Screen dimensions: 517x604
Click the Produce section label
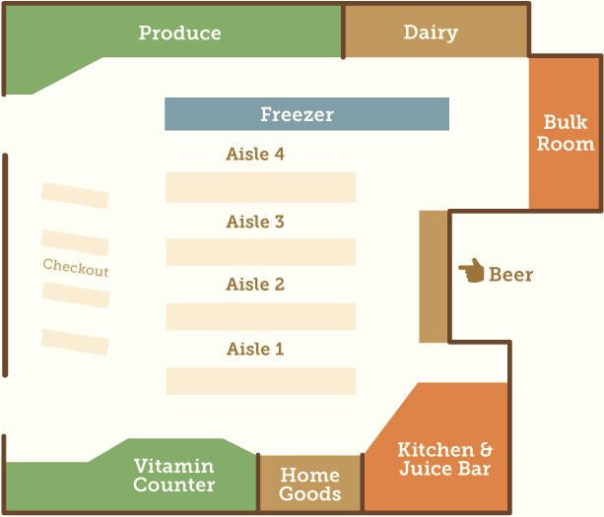click(x=179, y=32)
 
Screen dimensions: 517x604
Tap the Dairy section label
click(x=431, y=32)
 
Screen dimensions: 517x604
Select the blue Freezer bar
click(x=306, y=114)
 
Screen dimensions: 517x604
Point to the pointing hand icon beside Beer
click(x=471, y=271)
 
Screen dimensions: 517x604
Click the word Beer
click(x=510, y=275)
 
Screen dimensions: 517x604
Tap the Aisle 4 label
click(x=255, y=155)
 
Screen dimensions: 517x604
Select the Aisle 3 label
click(x=255, y=222)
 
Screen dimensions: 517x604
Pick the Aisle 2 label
click(x=255, y=285)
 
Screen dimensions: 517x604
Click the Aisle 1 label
click(x=255, y=350)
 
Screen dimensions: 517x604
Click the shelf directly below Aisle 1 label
click(x=260, y=381)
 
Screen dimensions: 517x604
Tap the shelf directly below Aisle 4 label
click(x=260, y=187)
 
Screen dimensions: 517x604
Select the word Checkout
click(x=76, y=268)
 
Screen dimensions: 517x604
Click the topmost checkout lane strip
click(x=75, y=195)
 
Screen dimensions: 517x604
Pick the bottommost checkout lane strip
click(x=75, y=342)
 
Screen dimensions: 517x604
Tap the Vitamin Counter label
click(x=173, y=476)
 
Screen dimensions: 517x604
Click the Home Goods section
click(x=309, y=485)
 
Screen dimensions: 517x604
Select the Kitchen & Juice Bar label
click(x=443, y=460)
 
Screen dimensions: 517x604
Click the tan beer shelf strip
click(x=434, y=277)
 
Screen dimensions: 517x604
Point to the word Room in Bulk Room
click(x=565, y=145)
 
